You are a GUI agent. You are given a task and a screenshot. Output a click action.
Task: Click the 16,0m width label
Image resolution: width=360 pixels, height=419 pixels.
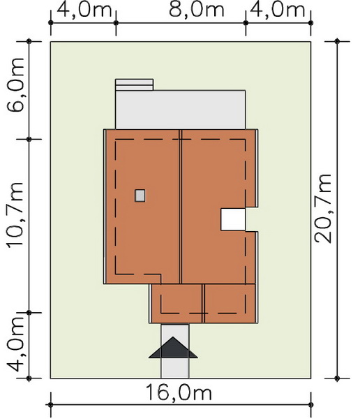179,392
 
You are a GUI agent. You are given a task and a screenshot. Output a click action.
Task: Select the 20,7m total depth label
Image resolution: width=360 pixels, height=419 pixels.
323,209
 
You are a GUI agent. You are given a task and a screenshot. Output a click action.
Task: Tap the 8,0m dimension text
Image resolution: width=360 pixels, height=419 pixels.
197,10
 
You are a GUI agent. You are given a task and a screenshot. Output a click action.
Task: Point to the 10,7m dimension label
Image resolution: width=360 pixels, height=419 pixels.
15,215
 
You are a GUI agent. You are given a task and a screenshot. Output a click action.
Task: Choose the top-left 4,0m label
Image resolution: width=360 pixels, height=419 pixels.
84,10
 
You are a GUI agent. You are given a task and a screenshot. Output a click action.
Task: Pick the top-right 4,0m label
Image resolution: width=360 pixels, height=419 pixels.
278,10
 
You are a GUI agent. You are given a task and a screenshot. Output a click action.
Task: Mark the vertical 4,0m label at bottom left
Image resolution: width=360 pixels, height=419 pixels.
15,345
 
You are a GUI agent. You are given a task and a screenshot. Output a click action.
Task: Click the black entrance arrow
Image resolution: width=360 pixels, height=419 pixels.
173,347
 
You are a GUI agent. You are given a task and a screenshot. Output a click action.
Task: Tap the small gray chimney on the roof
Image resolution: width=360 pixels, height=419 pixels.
140,196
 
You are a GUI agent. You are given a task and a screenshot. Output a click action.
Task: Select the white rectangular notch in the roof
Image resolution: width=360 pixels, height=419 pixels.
233,219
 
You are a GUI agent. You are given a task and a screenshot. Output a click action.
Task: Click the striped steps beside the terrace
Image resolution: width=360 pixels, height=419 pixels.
134,84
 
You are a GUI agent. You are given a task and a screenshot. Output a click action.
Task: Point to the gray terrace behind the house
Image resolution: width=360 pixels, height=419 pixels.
181,110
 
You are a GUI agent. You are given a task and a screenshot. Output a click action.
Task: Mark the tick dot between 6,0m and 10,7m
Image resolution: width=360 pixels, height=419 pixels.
29,139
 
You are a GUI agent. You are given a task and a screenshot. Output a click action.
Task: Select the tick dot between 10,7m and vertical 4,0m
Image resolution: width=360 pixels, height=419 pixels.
29,312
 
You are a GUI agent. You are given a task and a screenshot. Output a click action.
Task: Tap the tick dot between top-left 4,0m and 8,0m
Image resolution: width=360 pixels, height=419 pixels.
116,23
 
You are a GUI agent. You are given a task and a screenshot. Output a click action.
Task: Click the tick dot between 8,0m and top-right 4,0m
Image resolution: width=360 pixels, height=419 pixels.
246,23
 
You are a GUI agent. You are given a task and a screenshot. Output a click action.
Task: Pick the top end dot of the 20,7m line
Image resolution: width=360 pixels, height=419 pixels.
337,41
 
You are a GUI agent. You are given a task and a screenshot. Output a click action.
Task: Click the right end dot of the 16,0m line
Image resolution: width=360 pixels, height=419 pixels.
310,405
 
